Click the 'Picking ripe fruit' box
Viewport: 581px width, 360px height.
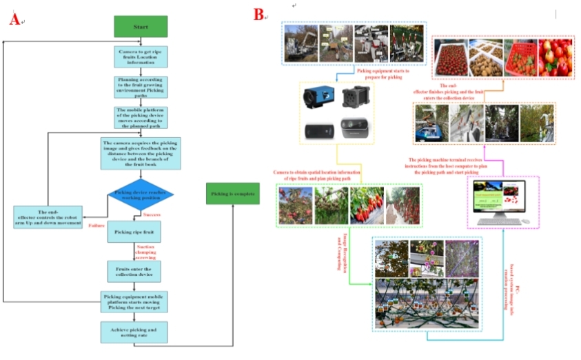(x=134, y=232)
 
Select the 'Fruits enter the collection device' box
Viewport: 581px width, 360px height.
(x=134, y=271)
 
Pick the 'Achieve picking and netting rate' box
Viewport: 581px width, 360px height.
(x=134, y=332)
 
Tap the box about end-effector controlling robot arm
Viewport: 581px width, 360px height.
(x=48, y=217)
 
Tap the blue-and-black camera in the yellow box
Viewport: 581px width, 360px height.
(x=316, y=97)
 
